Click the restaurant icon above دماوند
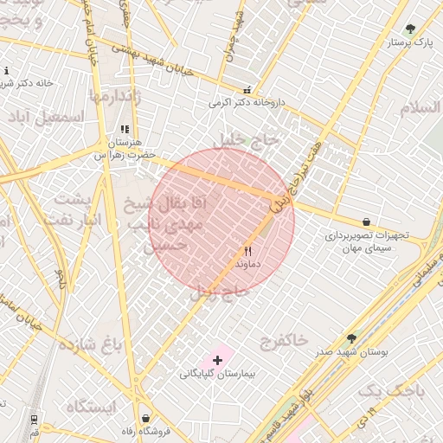[248, 250]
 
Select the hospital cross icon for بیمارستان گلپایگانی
[217, 359]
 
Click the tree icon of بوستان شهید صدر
[351, 339]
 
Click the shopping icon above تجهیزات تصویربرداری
[366, 222]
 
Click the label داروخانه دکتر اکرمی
[247, 102]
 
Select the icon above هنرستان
[124, 129]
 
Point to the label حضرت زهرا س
[124, 154]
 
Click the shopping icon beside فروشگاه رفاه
[144, 418]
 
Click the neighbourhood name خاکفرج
[283, 340]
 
